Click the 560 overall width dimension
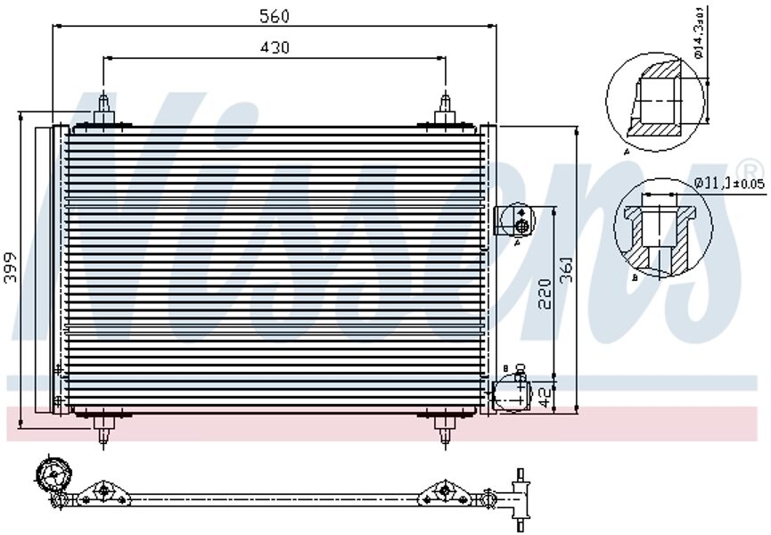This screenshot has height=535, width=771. (275, 15)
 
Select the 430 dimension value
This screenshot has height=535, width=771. (275, 48)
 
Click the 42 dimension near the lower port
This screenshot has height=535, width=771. (545, 392)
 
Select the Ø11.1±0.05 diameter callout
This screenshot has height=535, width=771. (728, 183)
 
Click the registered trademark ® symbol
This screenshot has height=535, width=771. (750, 169)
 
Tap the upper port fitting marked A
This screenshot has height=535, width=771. (513, 218)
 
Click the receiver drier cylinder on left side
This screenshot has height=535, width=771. (44, 268)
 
